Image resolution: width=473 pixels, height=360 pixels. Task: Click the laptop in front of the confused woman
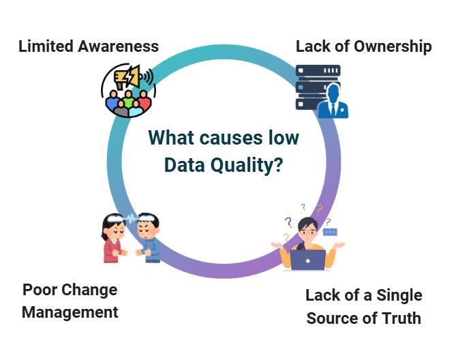click(308, 260)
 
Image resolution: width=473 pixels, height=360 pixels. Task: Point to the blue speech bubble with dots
click(330, 232)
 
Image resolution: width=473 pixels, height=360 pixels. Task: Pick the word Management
click(70, 312)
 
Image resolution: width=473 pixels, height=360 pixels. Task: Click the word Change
click(90, 290)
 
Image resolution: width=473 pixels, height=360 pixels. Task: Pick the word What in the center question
click(170, 138)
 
